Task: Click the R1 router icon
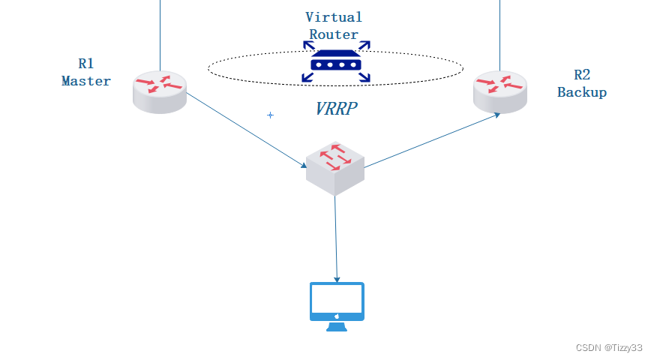[160, 92]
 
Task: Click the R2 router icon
[499, 92]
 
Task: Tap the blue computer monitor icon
[337, 302]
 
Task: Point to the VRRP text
[335, 109]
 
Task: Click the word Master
[86, 81]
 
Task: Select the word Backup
[582, 92]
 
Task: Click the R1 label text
[86, 64]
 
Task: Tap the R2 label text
[582, 75]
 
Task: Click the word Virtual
[334, 16]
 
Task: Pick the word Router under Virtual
[334, 34]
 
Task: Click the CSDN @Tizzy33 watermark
[609, 348]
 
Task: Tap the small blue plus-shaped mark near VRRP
[271, 115]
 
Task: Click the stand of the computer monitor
[337, 326]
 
